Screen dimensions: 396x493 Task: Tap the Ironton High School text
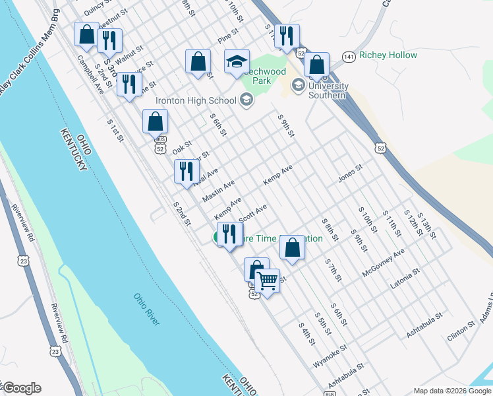[195, 101]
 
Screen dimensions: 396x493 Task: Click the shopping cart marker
[268, 280]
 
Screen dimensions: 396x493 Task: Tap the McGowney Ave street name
[383, 263]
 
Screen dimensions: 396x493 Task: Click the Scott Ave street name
[252, 213]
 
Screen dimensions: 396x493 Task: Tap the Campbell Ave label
[90, 74]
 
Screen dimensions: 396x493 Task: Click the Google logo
[22, 388]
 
